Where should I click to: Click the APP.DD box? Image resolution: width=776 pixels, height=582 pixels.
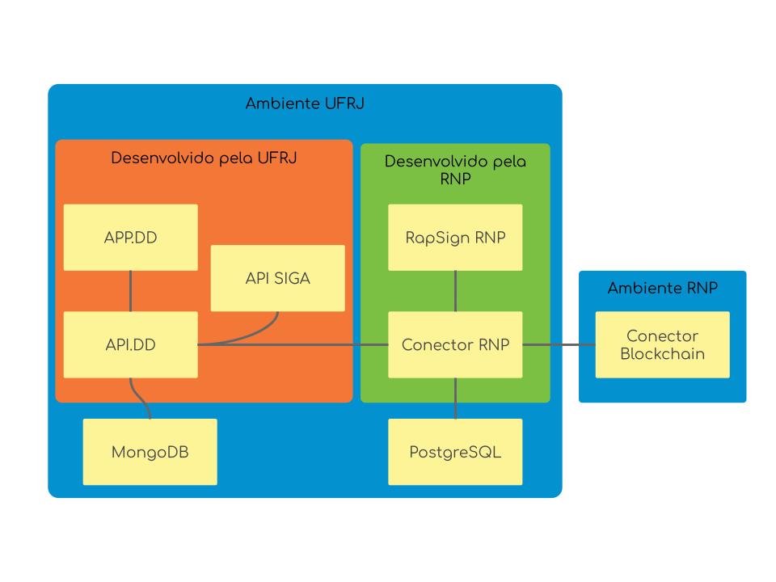(130, 237)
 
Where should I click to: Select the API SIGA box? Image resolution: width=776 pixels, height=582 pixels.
(277, 278)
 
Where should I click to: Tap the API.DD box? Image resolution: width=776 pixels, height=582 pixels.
(130, 344)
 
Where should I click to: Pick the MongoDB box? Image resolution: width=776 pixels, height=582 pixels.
(150, 452)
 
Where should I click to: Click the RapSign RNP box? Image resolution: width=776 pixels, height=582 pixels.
(455, 237)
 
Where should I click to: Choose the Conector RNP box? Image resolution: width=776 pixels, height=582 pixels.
(455, 344)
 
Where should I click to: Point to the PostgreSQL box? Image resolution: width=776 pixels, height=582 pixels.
(455, 452)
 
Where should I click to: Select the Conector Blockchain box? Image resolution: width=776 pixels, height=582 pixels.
(662, 344)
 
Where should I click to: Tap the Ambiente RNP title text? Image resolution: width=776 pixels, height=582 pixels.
(662, 289)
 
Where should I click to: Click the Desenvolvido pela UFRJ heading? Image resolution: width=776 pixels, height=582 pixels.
(204, 158)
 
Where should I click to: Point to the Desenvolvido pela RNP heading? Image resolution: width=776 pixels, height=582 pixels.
(455, 170)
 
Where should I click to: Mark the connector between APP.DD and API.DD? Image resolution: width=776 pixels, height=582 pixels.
(130, 291)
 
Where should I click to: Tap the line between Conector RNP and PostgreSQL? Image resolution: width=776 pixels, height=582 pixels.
(455, 398)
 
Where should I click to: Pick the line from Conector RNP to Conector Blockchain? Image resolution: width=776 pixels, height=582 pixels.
(559, 345)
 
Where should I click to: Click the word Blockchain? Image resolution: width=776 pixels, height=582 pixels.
(662, 354)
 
